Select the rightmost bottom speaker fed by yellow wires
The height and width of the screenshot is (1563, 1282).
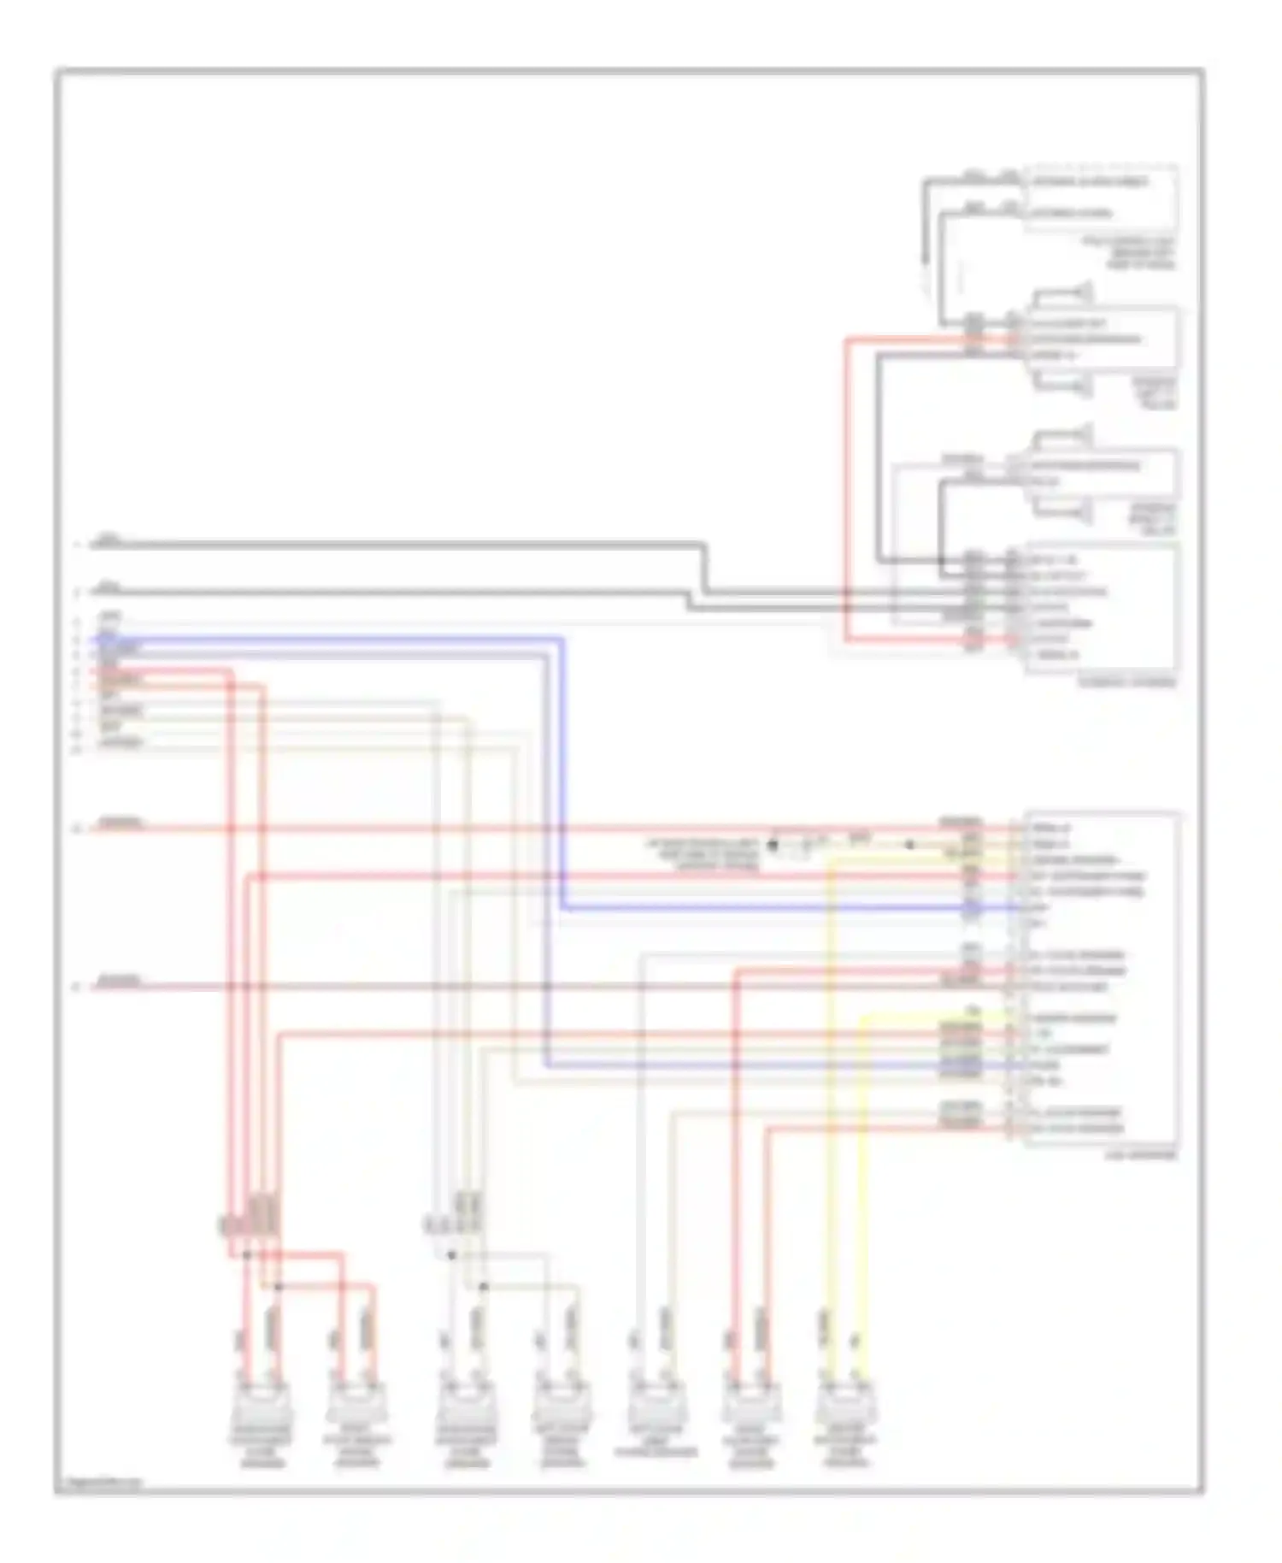click(845, 1403)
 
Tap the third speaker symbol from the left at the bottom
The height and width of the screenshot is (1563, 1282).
click(465, 1403)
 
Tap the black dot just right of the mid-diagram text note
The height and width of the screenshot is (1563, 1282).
click(773, 845)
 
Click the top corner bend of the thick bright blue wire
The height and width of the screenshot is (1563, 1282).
click(562, 640)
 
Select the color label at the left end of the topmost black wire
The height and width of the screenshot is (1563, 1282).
click(108, 540)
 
